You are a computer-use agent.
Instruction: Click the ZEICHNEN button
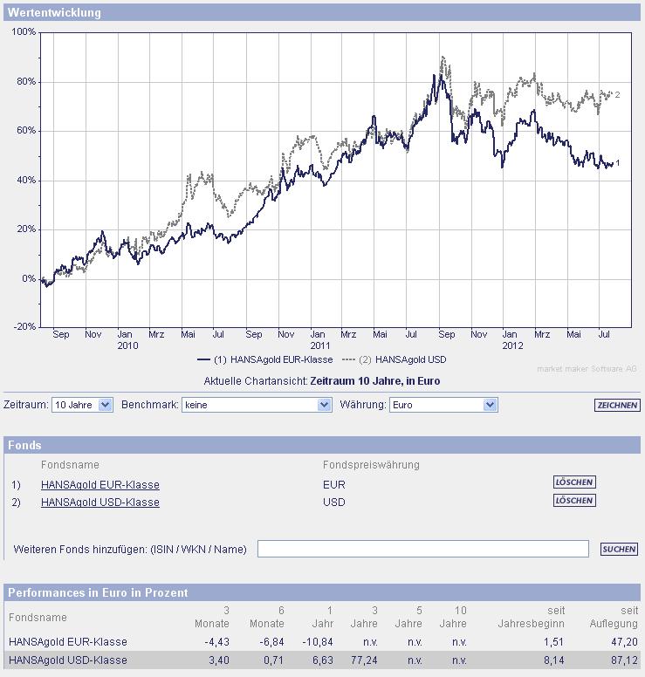pos(617,405)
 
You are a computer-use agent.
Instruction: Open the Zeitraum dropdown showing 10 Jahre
pos(82,405)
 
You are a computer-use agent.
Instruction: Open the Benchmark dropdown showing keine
pos(257,405)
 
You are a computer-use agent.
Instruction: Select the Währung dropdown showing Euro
pos(443,405)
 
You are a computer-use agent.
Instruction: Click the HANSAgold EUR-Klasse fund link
pos(100,484)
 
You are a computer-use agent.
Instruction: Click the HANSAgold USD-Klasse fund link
pos(100,502)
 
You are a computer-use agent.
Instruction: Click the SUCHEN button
pos(619,549)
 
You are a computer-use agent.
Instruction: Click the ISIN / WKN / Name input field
pos(422,549)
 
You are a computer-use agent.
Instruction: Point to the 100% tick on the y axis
pos(24,32)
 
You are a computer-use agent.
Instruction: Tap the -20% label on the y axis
pos(24,326)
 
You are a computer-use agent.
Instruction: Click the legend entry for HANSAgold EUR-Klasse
pos(265,359)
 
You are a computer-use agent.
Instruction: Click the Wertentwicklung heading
pos(54,12)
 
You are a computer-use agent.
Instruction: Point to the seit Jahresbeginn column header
pos(531,617)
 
